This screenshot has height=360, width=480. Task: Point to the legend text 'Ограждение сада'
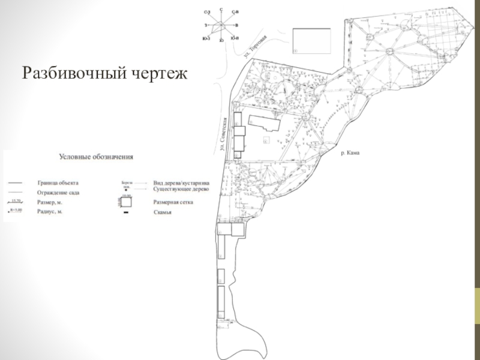[58, 193]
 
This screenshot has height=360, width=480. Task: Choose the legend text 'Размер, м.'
[50, 202]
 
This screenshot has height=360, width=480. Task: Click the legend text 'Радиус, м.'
[50, 212]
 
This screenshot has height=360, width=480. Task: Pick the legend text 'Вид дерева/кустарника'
[181, 182]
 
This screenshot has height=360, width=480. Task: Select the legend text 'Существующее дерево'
[181, 189]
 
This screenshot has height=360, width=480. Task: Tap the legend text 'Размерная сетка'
[173, 202]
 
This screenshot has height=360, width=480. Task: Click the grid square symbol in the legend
[126, 202]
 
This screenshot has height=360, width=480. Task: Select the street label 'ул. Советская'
[223, 137]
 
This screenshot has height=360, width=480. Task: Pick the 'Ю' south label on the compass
[221, 40]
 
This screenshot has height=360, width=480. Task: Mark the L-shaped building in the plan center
[264, 124]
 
